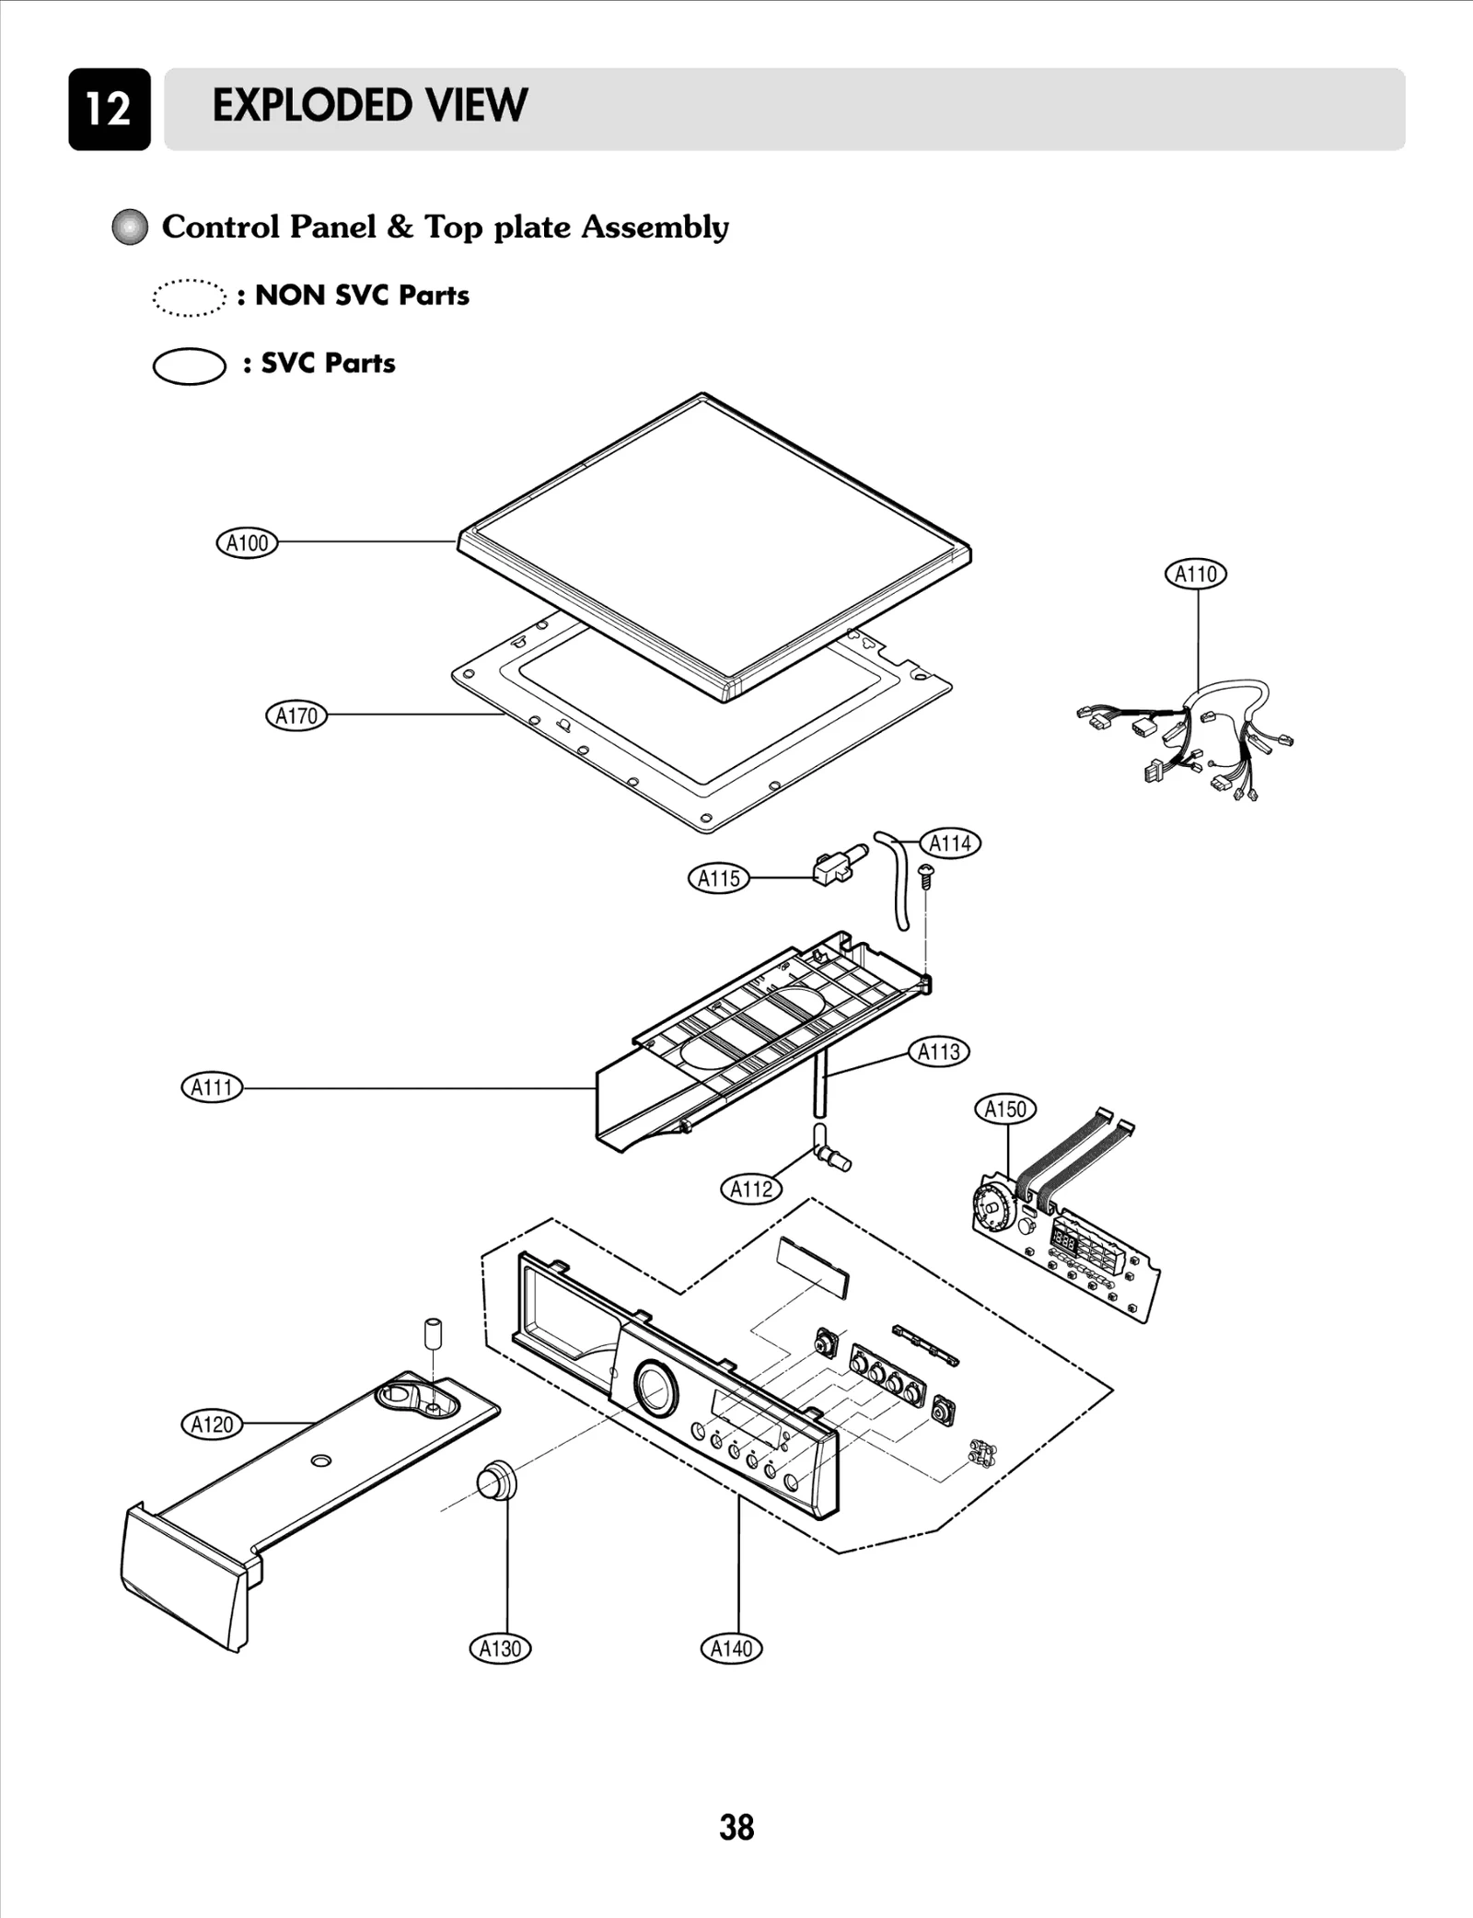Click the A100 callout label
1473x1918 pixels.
click(247, 542)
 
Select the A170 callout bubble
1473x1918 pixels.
click(296, 715)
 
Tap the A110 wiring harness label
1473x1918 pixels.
click(1195, 574)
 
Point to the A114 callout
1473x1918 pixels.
click(950, 843)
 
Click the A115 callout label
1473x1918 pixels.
click(719, 878)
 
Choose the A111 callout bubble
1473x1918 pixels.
click(212, 1087)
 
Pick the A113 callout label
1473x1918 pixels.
click(939, 1051)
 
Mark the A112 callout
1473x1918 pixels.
click(751, 1189)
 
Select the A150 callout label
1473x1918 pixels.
click(1005, 1109)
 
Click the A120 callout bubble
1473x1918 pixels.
click(212, 1424)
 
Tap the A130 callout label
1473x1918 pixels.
click(500, 1648)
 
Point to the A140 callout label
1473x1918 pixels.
click(732, 1648)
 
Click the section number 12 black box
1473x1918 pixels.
click(109, 109)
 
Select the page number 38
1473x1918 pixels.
click(736, 1827)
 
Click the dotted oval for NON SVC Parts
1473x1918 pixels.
click(189, 297)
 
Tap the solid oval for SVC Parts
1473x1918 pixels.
click(189, 366)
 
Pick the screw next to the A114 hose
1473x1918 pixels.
click(927, 874)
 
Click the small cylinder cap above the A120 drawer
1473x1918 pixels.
click(432, 1333)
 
